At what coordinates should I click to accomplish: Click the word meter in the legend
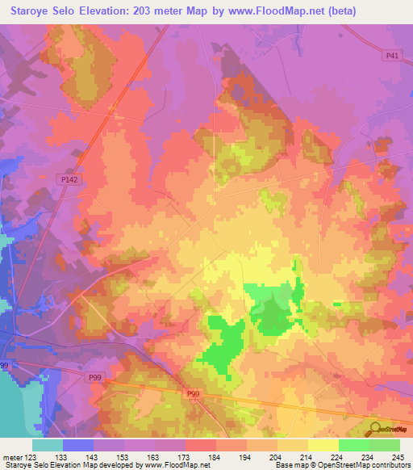point(15,456)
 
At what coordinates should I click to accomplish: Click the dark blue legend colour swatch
point(78,445)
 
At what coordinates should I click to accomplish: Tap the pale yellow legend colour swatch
point(323,445)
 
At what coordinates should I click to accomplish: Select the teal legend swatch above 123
point(48,445)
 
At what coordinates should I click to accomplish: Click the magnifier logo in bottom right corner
point(373,430)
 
